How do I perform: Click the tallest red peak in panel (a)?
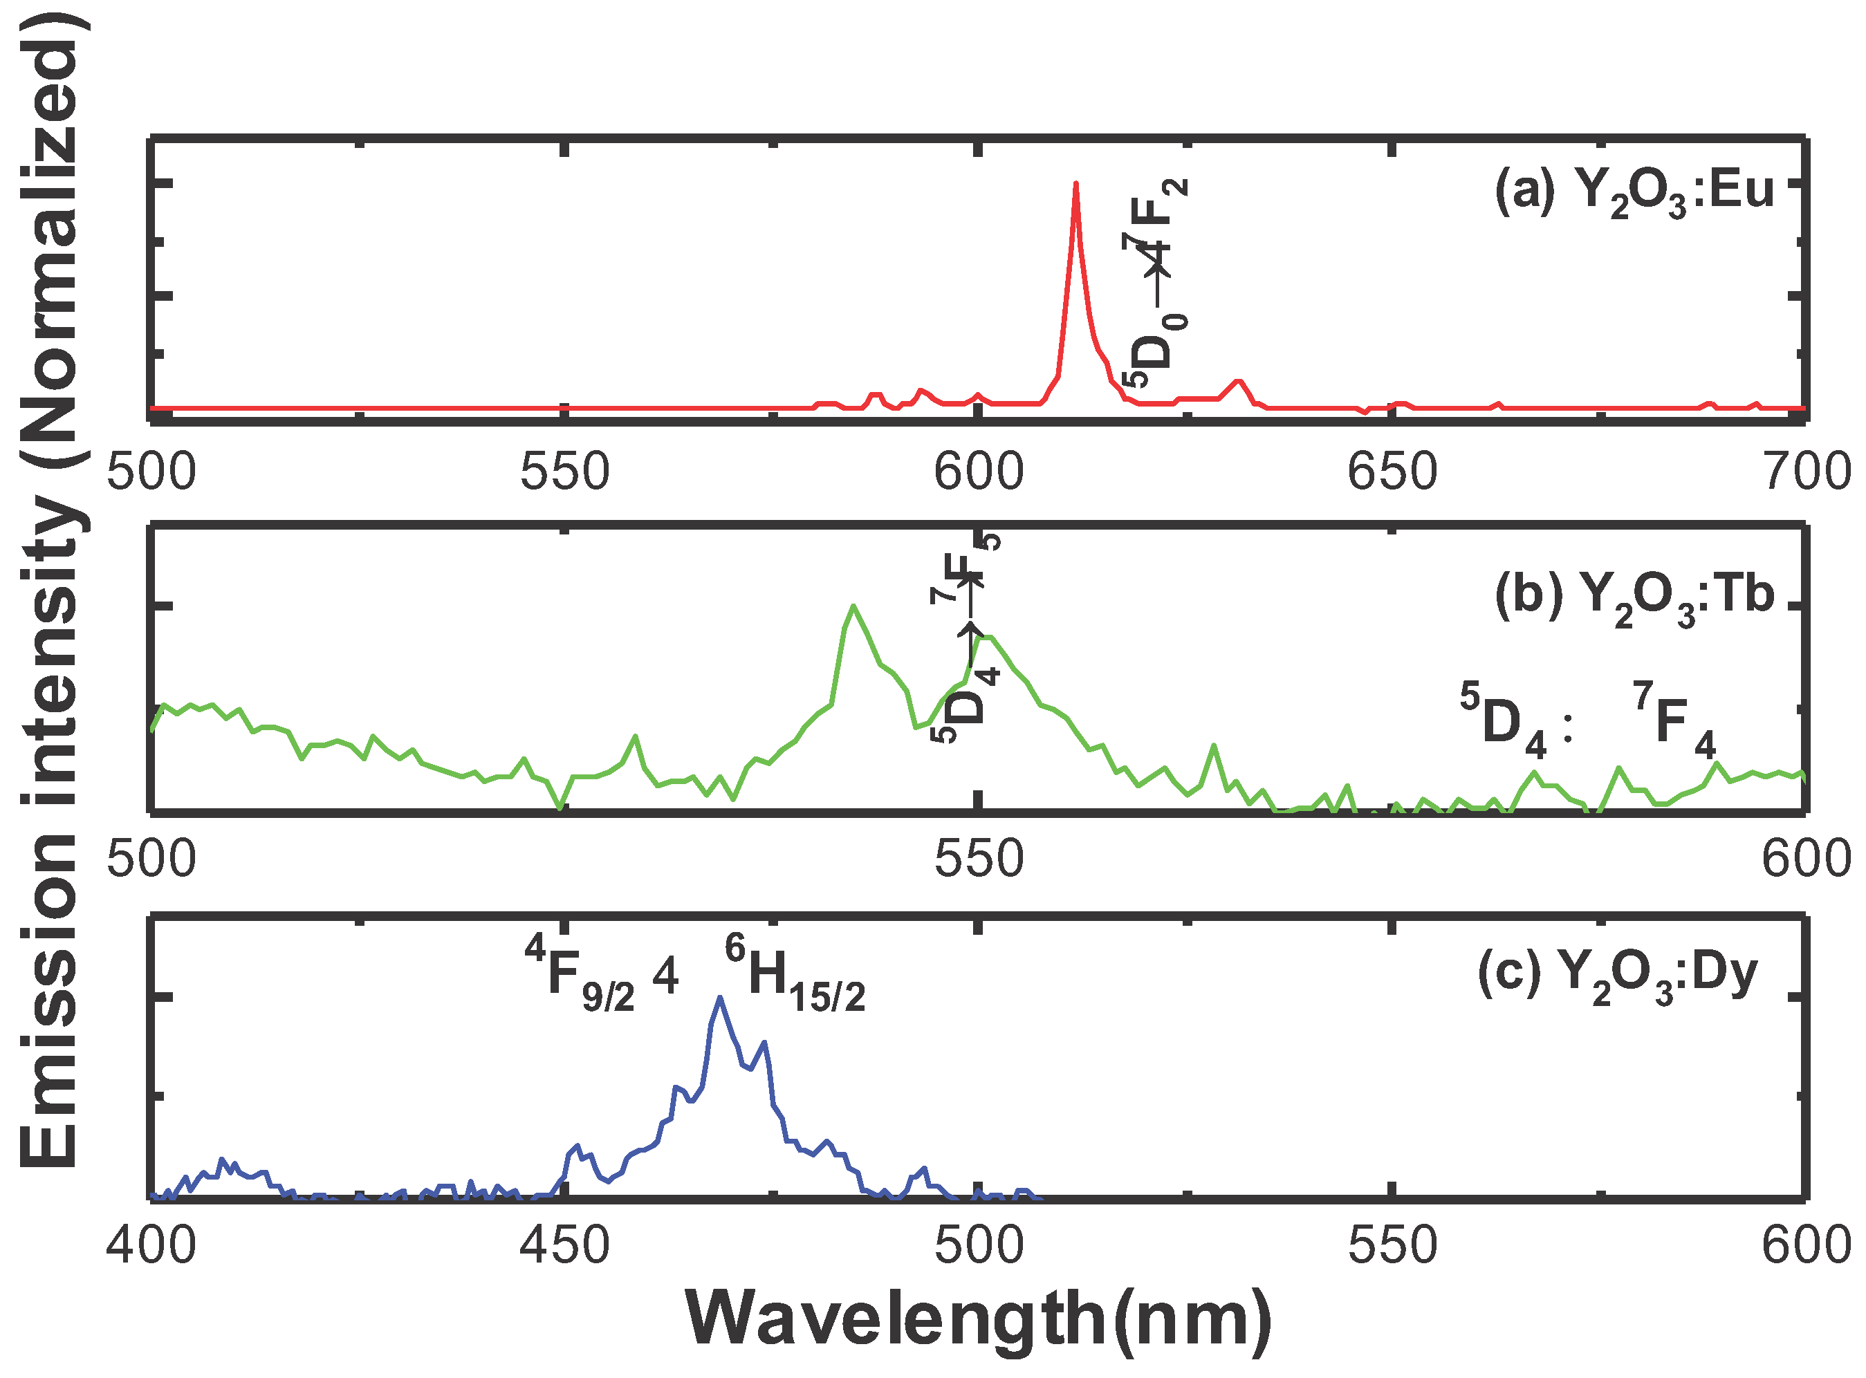point(1076,185)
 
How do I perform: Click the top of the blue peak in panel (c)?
point(719,999)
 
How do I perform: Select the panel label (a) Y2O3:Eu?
point(1634,192)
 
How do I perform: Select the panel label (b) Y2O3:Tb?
point(1634,595)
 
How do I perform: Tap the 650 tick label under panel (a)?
point(1392,472)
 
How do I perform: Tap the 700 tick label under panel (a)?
point(1806,472)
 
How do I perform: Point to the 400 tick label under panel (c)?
point(151,1245)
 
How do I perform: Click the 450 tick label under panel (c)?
point(565,1245)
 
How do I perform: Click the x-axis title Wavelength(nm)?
point(979,1321)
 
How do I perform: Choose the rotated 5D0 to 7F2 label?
point(1155,283)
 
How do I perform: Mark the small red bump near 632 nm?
point(1239,383)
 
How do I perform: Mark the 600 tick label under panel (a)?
point(979,472)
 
